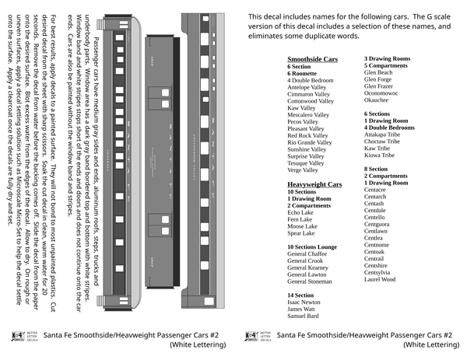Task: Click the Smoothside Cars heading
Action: pos(312,59)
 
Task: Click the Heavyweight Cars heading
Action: pos(314,184)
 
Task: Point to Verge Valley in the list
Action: pos(304,170)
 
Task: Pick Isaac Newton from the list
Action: pos(304,302)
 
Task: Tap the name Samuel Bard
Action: pos(303,316)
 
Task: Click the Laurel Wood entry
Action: pos(380,279)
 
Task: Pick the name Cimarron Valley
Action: pos(309,94)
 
